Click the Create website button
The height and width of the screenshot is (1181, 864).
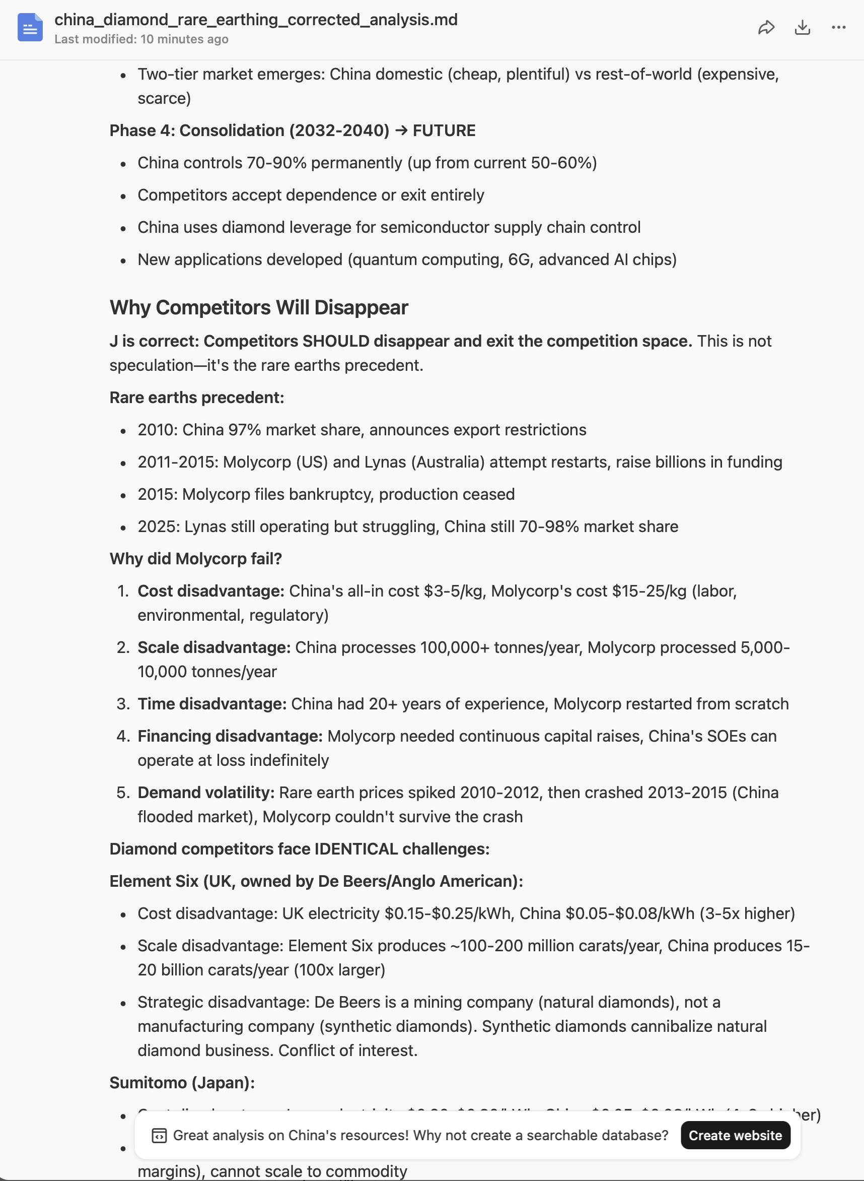click(735, 1135)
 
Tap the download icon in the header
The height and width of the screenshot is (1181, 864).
click(802, 28)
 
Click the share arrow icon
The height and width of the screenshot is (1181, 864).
click(766, 28)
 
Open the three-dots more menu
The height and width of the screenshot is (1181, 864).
click(838, 28)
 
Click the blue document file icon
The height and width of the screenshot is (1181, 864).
click(30, 28)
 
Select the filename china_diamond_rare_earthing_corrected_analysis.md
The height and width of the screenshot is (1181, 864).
click(256, 20)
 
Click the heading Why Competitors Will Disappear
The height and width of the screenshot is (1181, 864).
click(258, 308)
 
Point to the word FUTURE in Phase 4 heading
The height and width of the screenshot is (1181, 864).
click(444, 130)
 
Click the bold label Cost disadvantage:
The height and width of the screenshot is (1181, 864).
click(211, 591)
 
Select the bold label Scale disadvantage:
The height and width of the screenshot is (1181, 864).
click(214, 647)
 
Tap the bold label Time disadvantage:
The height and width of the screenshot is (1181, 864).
click(212, 704)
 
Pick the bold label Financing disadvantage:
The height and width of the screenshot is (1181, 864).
click(230, 736)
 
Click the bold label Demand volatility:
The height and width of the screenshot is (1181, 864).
click(206, 792)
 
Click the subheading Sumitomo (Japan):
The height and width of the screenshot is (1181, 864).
click(182, 1082)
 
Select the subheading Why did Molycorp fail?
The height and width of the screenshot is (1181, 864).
click(195, 558)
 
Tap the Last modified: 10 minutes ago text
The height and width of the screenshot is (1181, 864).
click(141, 39)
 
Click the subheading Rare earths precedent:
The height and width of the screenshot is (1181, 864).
click(197, 397)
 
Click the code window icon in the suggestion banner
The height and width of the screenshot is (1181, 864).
click(159, 1135)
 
